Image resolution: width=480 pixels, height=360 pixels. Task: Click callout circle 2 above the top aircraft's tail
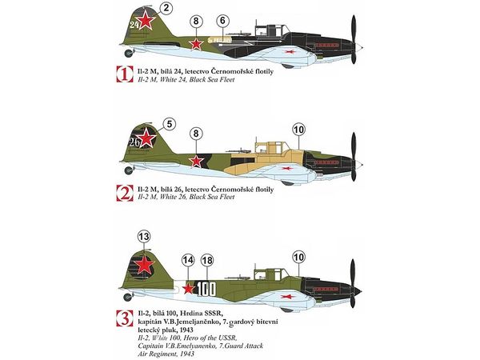click(165, 9)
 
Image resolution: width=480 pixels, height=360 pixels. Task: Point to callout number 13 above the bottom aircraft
click(144, 237)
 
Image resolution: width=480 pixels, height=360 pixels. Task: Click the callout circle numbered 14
click(187, 260)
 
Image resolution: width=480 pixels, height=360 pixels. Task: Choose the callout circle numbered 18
click(207, 260)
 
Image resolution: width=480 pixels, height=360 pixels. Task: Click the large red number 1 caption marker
click(124, 76)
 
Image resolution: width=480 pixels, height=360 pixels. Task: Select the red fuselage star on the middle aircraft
click(195, 161)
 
